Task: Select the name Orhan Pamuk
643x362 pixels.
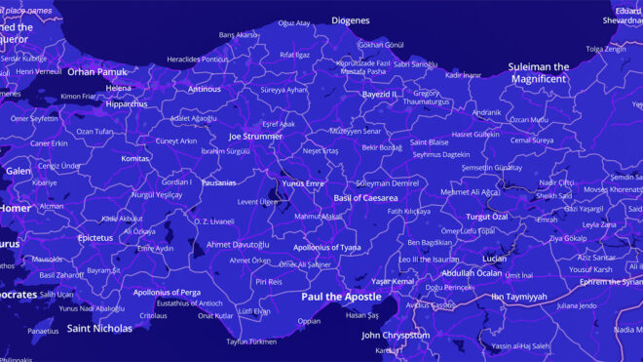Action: [x=97, y=71]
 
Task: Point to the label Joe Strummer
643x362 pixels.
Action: [x=255, y=137]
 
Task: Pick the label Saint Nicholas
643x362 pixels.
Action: [x=99, y=329]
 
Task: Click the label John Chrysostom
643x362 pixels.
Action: [x=396, y=335]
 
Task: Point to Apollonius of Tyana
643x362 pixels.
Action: [x=333, y=247]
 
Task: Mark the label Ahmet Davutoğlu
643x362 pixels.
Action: [x=239, y=244]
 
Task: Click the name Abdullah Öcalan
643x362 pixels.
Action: [x=468, y=273]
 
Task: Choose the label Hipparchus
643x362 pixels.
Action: [x=127, y=103]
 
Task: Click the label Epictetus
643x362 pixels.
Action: [x=95, y=237]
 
